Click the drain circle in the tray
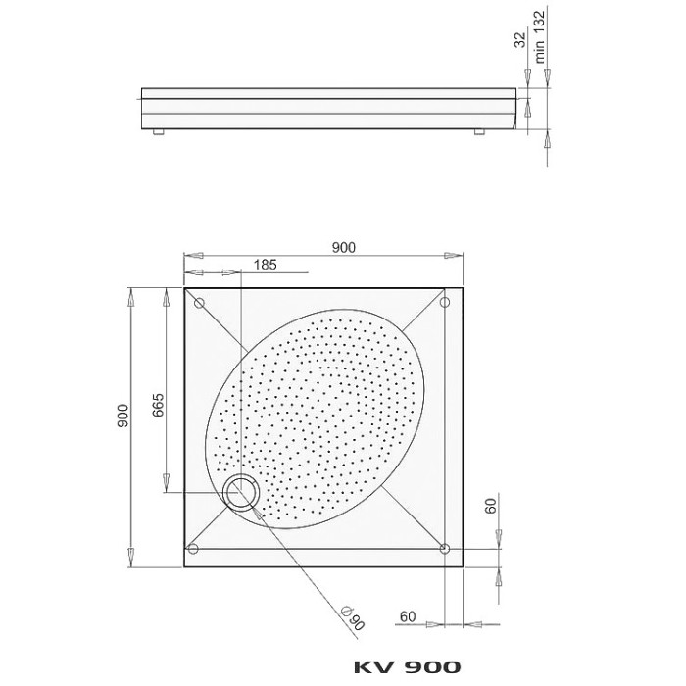coord(239,493)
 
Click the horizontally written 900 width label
coord(343,248)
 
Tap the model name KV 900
coord(406,667)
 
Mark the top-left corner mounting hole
coord(198,303)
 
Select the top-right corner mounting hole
coord(445,303)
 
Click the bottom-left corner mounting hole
coord(194,549)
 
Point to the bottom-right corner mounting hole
coord(445,549)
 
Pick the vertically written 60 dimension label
coord(490,507)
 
